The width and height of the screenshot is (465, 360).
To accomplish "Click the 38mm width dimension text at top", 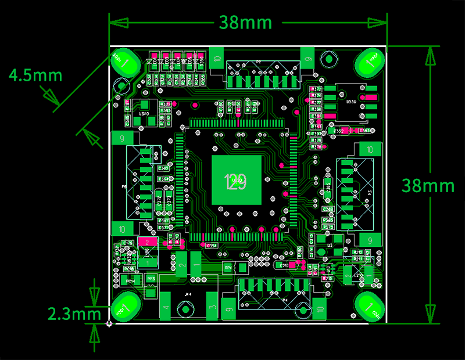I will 245,23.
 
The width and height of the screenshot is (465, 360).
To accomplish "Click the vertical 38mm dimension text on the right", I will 428,185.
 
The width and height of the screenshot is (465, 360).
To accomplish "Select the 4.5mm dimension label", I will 35,75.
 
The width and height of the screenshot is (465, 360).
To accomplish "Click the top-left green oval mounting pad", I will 124,61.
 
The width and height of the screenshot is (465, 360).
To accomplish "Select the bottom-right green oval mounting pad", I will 369,307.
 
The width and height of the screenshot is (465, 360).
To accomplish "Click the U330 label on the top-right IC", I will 351,102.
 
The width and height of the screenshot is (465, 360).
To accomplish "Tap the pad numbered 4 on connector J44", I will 167,308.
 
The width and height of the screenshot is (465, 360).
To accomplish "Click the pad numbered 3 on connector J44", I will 212,308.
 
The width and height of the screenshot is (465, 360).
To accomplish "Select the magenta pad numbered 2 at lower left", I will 148,242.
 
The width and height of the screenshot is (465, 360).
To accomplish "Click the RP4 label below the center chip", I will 228,267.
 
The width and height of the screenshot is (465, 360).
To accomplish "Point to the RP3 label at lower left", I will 151,279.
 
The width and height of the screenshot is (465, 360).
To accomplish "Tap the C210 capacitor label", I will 284,265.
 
